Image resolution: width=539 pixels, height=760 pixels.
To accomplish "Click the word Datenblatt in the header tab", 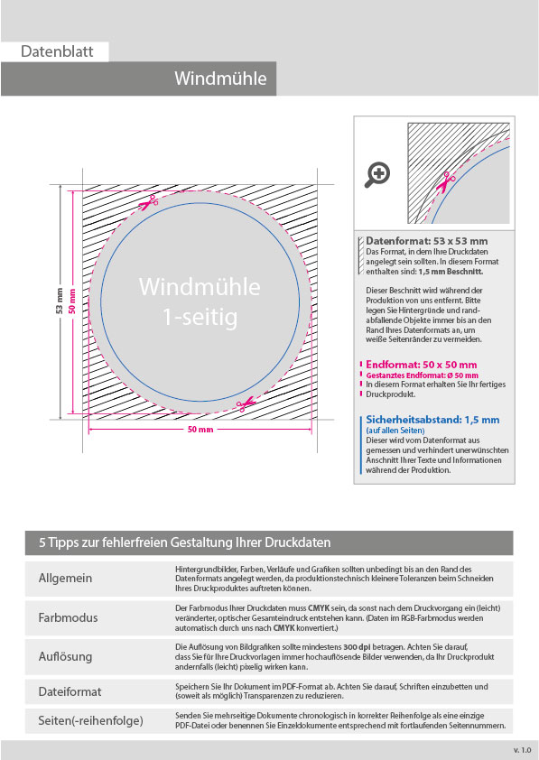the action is [x=57, y=51].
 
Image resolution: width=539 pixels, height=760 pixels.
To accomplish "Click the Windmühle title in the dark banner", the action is [x=220, y=79].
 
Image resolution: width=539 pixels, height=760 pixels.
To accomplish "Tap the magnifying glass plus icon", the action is [x=377, y=174].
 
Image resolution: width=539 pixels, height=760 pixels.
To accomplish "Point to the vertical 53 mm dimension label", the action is [x=60, y=301].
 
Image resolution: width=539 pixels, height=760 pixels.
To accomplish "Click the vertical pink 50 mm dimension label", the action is [x=73, y=301].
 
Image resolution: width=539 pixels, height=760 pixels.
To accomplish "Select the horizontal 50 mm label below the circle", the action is [x=200, y=430].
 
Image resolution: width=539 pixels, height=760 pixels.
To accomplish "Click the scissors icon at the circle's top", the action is [x=149, y=202].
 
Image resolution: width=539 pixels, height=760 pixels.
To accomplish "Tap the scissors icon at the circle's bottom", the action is [x=246, y=403].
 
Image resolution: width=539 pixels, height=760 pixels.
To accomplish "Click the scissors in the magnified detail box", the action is [x=445, y=182].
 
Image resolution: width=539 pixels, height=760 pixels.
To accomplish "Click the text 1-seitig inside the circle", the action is [x=200, y=318].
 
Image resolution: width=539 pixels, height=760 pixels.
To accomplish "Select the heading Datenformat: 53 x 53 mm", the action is [x=427, y=241].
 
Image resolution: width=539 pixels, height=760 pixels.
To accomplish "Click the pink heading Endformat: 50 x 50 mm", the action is [x=422, y=365].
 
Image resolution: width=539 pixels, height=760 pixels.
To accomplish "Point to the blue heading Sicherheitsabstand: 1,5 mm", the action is [x=432, y=420].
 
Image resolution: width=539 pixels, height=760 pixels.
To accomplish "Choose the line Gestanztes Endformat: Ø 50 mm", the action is [x=422, y=375].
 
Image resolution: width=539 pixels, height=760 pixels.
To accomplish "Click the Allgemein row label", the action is [x=65, y=579].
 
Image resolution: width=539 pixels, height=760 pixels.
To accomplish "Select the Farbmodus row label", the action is [x=68, y=618].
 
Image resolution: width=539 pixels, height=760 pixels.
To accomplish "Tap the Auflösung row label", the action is [x=65, y=657].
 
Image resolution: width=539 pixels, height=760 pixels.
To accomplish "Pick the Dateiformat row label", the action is [x=70, y=691].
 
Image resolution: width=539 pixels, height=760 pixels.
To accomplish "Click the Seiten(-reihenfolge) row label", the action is [x=90, y=721].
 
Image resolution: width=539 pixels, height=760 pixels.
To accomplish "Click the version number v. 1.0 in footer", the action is [x=522, y=750].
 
